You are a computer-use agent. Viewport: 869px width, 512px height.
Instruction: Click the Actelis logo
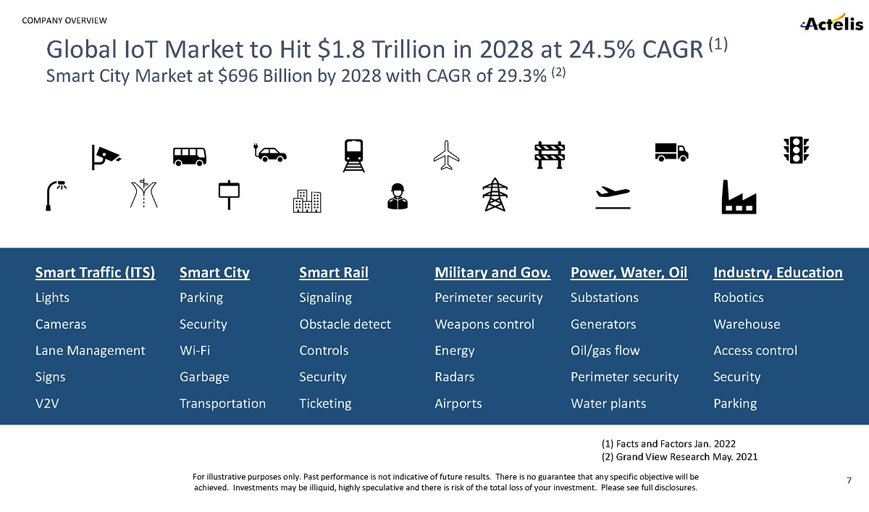(831, 23)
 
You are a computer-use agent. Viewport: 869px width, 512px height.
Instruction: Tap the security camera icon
(106, 156)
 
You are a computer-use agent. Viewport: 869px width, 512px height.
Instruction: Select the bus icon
(189, 156)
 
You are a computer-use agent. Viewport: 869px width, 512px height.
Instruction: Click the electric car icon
(270, 152)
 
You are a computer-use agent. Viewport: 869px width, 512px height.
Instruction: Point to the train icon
(353, 156)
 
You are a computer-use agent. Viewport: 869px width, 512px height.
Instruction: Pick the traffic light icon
(796, 150)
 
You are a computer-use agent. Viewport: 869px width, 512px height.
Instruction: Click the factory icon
(739, 197)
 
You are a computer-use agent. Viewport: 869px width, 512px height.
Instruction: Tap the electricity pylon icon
(495, 195)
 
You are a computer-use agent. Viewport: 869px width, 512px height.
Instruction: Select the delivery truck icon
(671, 151)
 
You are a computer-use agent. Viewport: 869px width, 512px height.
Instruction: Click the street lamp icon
(55, 196)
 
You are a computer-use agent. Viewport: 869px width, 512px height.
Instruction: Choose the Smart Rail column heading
(334, 272)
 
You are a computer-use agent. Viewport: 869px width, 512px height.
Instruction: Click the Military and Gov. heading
(492, 272)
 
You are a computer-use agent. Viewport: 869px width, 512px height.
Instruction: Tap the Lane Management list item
(90, 351)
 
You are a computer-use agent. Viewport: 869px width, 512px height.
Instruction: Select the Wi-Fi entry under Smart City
(195, 351)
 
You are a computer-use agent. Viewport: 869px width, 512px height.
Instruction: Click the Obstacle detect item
(345, 324)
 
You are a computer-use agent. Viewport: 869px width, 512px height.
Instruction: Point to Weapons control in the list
(484, 324)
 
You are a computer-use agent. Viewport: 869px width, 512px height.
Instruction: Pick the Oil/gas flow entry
(605, 351)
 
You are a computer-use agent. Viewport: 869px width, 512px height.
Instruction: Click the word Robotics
(739, 298)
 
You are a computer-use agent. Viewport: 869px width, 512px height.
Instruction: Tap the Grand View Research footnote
(680, 457)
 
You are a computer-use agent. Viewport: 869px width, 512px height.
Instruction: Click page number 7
(849, 481)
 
